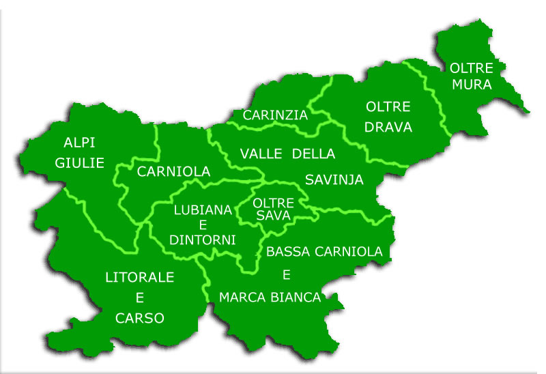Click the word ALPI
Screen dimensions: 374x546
point(79,143)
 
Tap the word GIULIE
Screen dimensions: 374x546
point(79,163)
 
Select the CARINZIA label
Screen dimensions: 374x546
point(275,115)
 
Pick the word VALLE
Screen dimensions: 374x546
point(261,154)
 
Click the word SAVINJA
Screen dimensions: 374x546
point(334,180)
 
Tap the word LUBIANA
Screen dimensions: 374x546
point(203,210)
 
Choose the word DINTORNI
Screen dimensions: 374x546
point(203,240)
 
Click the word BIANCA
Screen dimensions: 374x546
point(298,298)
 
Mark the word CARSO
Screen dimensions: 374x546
point(140,318)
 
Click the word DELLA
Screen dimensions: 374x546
point(313,154)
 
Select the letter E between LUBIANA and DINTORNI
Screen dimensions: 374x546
point(203,225)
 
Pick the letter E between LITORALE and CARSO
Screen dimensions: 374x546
point(139,298)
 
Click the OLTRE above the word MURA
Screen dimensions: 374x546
point(472,67)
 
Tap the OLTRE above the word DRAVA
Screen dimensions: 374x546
point(388,107)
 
